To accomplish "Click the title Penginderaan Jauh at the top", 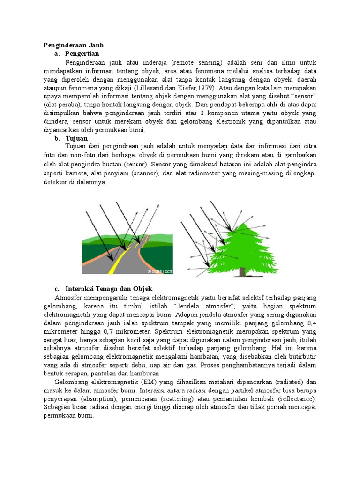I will point(73,45).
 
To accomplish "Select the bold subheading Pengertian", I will point(82,53).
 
